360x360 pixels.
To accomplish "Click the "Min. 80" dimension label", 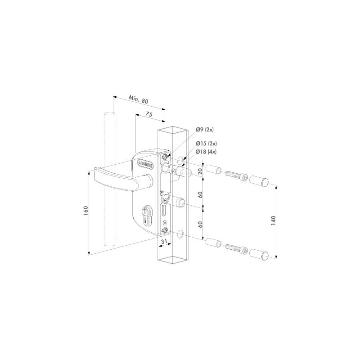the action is coord(139,99).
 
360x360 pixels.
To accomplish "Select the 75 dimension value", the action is coord(149,114).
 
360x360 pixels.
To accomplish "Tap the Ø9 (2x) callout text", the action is coord(205,130).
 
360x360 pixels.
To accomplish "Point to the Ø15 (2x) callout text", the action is coord(206,144).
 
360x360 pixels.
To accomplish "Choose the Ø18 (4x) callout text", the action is coord(206,152).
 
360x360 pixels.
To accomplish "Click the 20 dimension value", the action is coord(200,171).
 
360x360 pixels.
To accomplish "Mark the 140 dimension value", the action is coord(273,220).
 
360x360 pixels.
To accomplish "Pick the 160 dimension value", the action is coord(86,211).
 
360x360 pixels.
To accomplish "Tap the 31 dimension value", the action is coord(164,241).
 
